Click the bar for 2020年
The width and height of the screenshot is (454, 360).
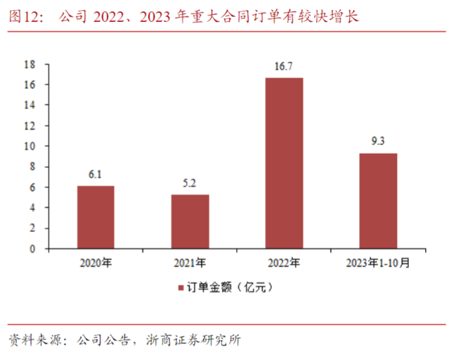96,217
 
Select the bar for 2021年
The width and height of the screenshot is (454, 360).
190,221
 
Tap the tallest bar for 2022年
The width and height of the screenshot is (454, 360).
284,163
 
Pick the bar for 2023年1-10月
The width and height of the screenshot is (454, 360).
378,200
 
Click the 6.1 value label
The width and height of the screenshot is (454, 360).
96,175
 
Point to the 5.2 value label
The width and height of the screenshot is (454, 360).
190,184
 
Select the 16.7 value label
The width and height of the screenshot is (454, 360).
284,66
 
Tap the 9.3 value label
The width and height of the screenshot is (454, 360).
378,142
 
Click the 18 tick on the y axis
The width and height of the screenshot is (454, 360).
28,65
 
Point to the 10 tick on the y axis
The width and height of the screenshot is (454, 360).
28,146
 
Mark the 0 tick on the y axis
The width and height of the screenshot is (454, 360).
31,249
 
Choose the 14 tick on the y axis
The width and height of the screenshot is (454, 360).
28,105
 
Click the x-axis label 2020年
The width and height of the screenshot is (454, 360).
96,263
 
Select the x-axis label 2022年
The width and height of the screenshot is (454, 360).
284,263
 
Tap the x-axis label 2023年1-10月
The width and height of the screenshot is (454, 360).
378,263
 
